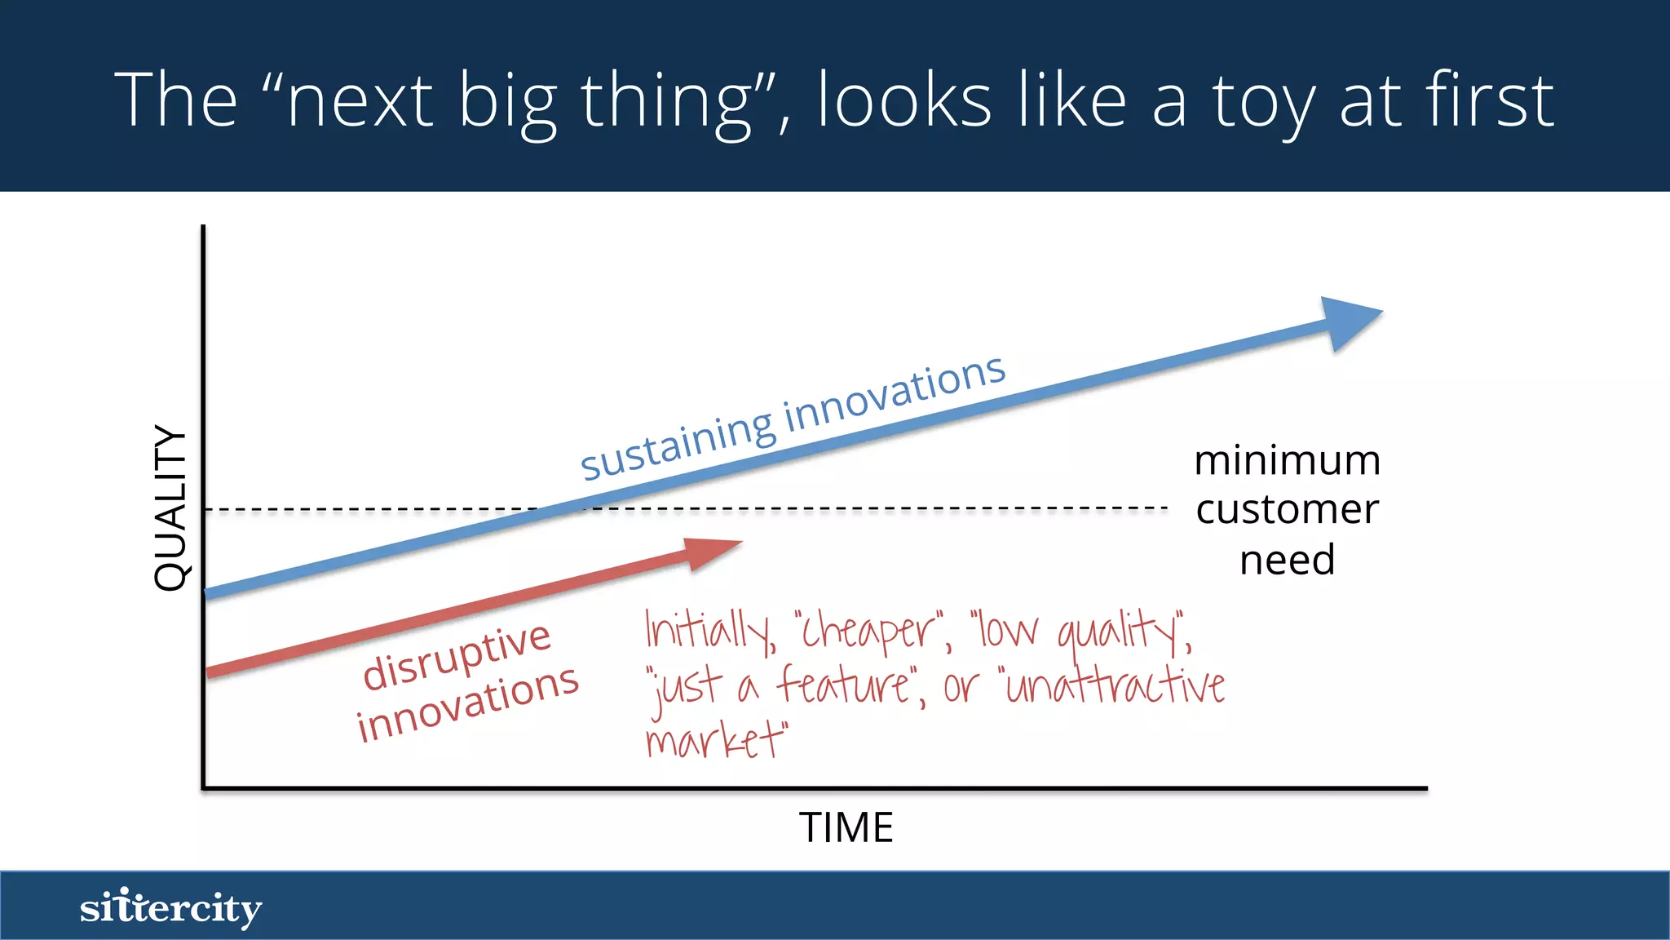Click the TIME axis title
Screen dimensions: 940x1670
coord(846,827)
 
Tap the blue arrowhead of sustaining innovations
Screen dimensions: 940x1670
coord(1347,321)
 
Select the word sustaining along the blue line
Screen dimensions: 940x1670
coord(677,442)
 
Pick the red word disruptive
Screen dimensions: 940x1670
coord(457,655)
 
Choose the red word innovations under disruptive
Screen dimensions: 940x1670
coord(467,703)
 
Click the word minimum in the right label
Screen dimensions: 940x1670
coord(1287,461)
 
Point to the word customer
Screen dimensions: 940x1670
coord(1287,510)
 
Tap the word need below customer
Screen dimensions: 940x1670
coord(1287,561)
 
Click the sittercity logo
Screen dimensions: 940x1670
coord(170,907)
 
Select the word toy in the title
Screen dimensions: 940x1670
coord(1263,102)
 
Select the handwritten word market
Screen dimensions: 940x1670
coord(715,740)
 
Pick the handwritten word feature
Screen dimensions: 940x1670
coord(845,685)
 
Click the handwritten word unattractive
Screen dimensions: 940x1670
coord(1113,685)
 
